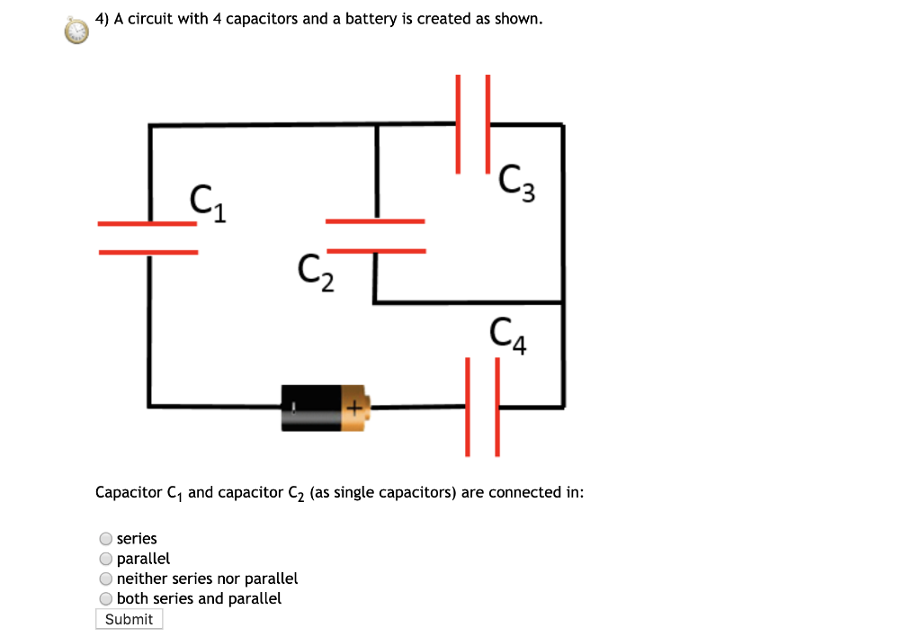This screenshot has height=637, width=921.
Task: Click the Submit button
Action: [x=129, y=619]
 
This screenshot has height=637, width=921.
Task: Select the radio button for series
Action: [x=106, y=539]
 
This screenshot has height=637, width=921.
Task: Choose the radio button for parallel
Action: [x=106, y=559]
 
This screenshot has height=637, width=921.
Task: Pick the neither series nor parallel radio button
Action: [x=106, y=579]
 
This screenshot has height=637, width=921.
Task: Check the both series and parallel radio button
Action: [x=106, y=598]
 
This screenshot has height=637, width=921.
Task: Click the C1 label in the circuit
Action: [x=208, y=202]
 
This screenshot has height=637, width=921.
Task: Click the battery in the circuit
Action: [x=324, y=408]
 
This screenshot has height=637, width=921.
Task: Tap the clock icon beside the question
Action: [x=76, y=31]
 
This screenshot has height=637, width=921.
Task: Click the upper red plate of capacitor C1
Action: [x=148, y=223]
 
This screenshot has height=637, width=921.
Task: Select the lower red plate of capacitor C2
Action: [x=376, y=250]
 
